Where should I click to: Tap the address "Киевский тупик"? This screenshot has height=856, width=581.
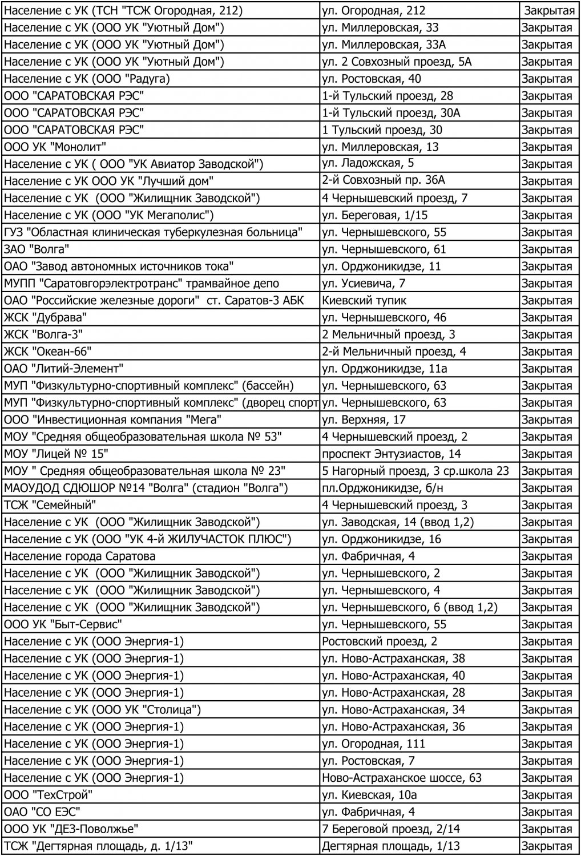coord(364,301)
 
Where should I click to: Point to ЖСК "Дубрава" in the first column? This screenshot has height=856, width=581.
coord(46,318)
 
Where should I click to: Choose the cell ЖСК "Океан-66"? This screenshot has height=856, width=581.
coord(47,352)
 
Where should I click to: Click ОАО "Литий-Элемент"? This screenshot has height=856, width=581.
coord(63,369)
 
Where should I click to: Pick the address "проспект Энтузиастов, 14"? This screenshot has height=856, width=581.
coord(392,454)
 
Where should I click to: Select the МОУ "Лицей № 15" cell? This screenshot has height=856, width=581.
coord(56,454)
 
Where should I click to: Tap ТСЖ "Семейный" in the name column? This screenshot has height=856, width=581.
coord(50,505)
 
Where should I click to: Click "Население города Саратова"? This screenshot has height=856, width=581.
coord(79,556)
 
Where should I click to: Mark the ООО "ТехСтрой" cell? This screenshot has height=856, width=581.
coord(48,795)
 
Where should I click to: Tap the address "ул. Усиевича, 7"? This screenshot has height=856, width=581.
coord(364,284)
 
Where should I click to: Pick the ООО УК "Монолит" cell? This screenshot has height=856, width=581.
coord(55,147)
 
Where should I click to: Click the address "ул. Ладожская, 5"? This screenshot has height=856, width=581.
coord(368,164)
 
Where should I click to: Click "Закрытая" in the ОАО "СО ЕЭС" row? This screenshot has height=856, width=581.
coord(547,812)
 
